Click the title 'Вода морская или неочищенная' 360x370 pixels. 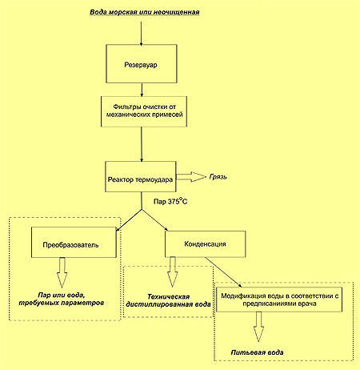(145, 12)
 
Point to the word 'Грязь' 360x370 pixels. (218, 177)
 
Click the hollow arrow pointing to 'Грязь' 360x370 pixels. (191, 176)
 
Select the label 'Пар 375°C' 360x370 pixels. (170, 201)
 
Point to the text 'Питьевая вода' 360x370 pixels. (257, 352)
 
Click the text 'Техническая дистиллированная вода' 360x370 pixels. (169, 300)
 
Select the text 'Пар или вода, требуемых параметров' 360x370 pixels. (62, 299)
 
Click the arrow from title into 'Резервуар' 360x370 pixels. (141, 33)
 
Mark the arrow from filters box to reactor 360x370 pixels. (142, 144)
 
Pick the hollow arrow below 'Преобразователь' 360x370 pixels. (62, 272)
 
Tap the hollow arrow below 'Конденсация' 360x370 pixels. (172, 271)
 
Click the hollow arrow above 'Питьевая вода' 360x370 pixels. (258, 327)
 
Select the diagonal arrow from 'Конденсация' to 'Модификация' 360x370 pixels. (223, 272)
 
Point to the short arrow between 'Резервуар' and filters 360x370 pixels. (142, 90)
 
